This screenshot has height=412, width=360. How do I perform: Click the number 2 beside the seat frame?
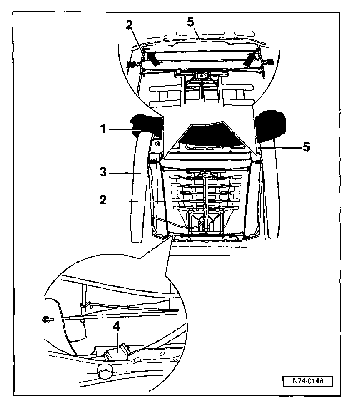click(x=103, y=200)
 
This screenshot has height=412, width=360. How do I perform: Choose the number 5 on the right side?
click(x=306, y=147)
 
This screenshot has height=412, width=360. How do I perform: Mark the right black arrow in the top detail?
click(x=251, y=60)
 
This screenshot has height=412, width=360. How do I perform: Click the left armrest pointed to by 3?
click(x=139, y=187)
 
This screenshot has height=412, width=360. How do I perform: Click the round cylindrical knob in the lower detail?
click(x=105, y=370)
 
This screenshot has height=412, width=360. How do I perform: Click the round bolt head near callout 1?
click(x=157, y=144)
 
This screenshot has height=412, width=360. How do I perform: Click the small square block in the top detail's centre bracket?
click(x=201, y=76)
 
